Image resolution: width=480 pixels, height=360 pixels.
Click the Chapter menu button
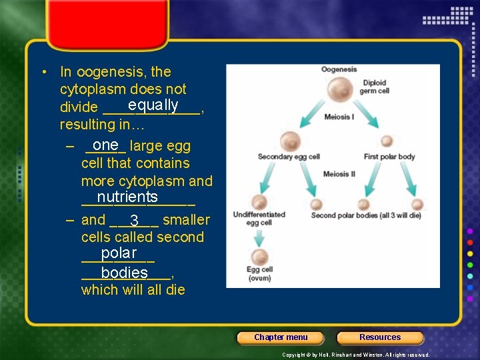pyautogui.click(x=281, y=337)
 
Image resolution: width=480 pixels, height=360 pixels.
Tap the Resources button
pyautogui.click(x=380, y=337)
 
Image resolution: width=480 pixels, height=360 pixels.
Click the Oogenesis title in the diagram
pyautogui.click(x=339, y=69)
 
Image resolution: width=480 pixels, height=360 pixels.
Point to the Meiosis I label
pyautogui.click(x=339, y=117)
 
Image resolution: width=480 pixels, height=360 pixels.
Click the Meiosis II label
pyautogui.click(x=339, y=174)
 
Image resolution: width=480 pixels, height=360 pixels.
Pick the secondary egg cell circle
pyautogui.click(x=291, y=141)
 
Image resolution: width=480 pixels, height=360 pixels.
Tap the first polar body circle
pyautogui.click(x=387, y=141)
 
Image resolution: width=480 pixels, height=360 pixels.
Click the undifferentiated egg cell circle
pyautogui.click(x=259, y=203)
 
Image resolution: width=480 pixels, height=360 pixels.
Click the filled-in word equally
pyautogui.click(x=153, y=105)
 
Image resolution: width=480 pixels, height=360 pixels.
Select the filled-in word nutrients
pyautogui.click(x=127, y=197)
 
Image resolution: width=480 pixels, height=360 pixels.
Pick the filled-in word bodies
pyautogui.click(x=125, y=273)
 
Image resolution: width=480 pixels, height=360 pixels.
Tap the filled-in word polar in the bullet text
pyautogui.click(x=119, y=253)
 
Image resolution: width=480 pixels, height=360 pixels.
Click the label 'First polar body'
pyautogui.click(x=389, y=157)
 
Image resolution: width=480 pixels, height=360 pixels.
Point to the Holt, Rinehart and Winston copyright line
pyautogui.click(x=355, y=355)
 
